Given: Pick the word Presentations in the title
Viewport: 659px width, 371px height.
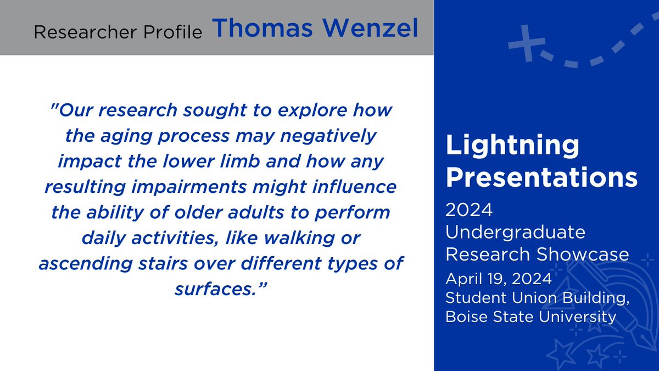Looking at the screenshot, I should (x=541, y=178).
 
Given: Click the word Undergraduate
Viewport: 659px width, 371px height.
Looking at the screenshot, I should (x=516, y=232).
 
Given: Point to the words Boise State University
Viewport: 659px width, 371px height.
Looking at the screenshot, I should (x=530, y=317).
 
